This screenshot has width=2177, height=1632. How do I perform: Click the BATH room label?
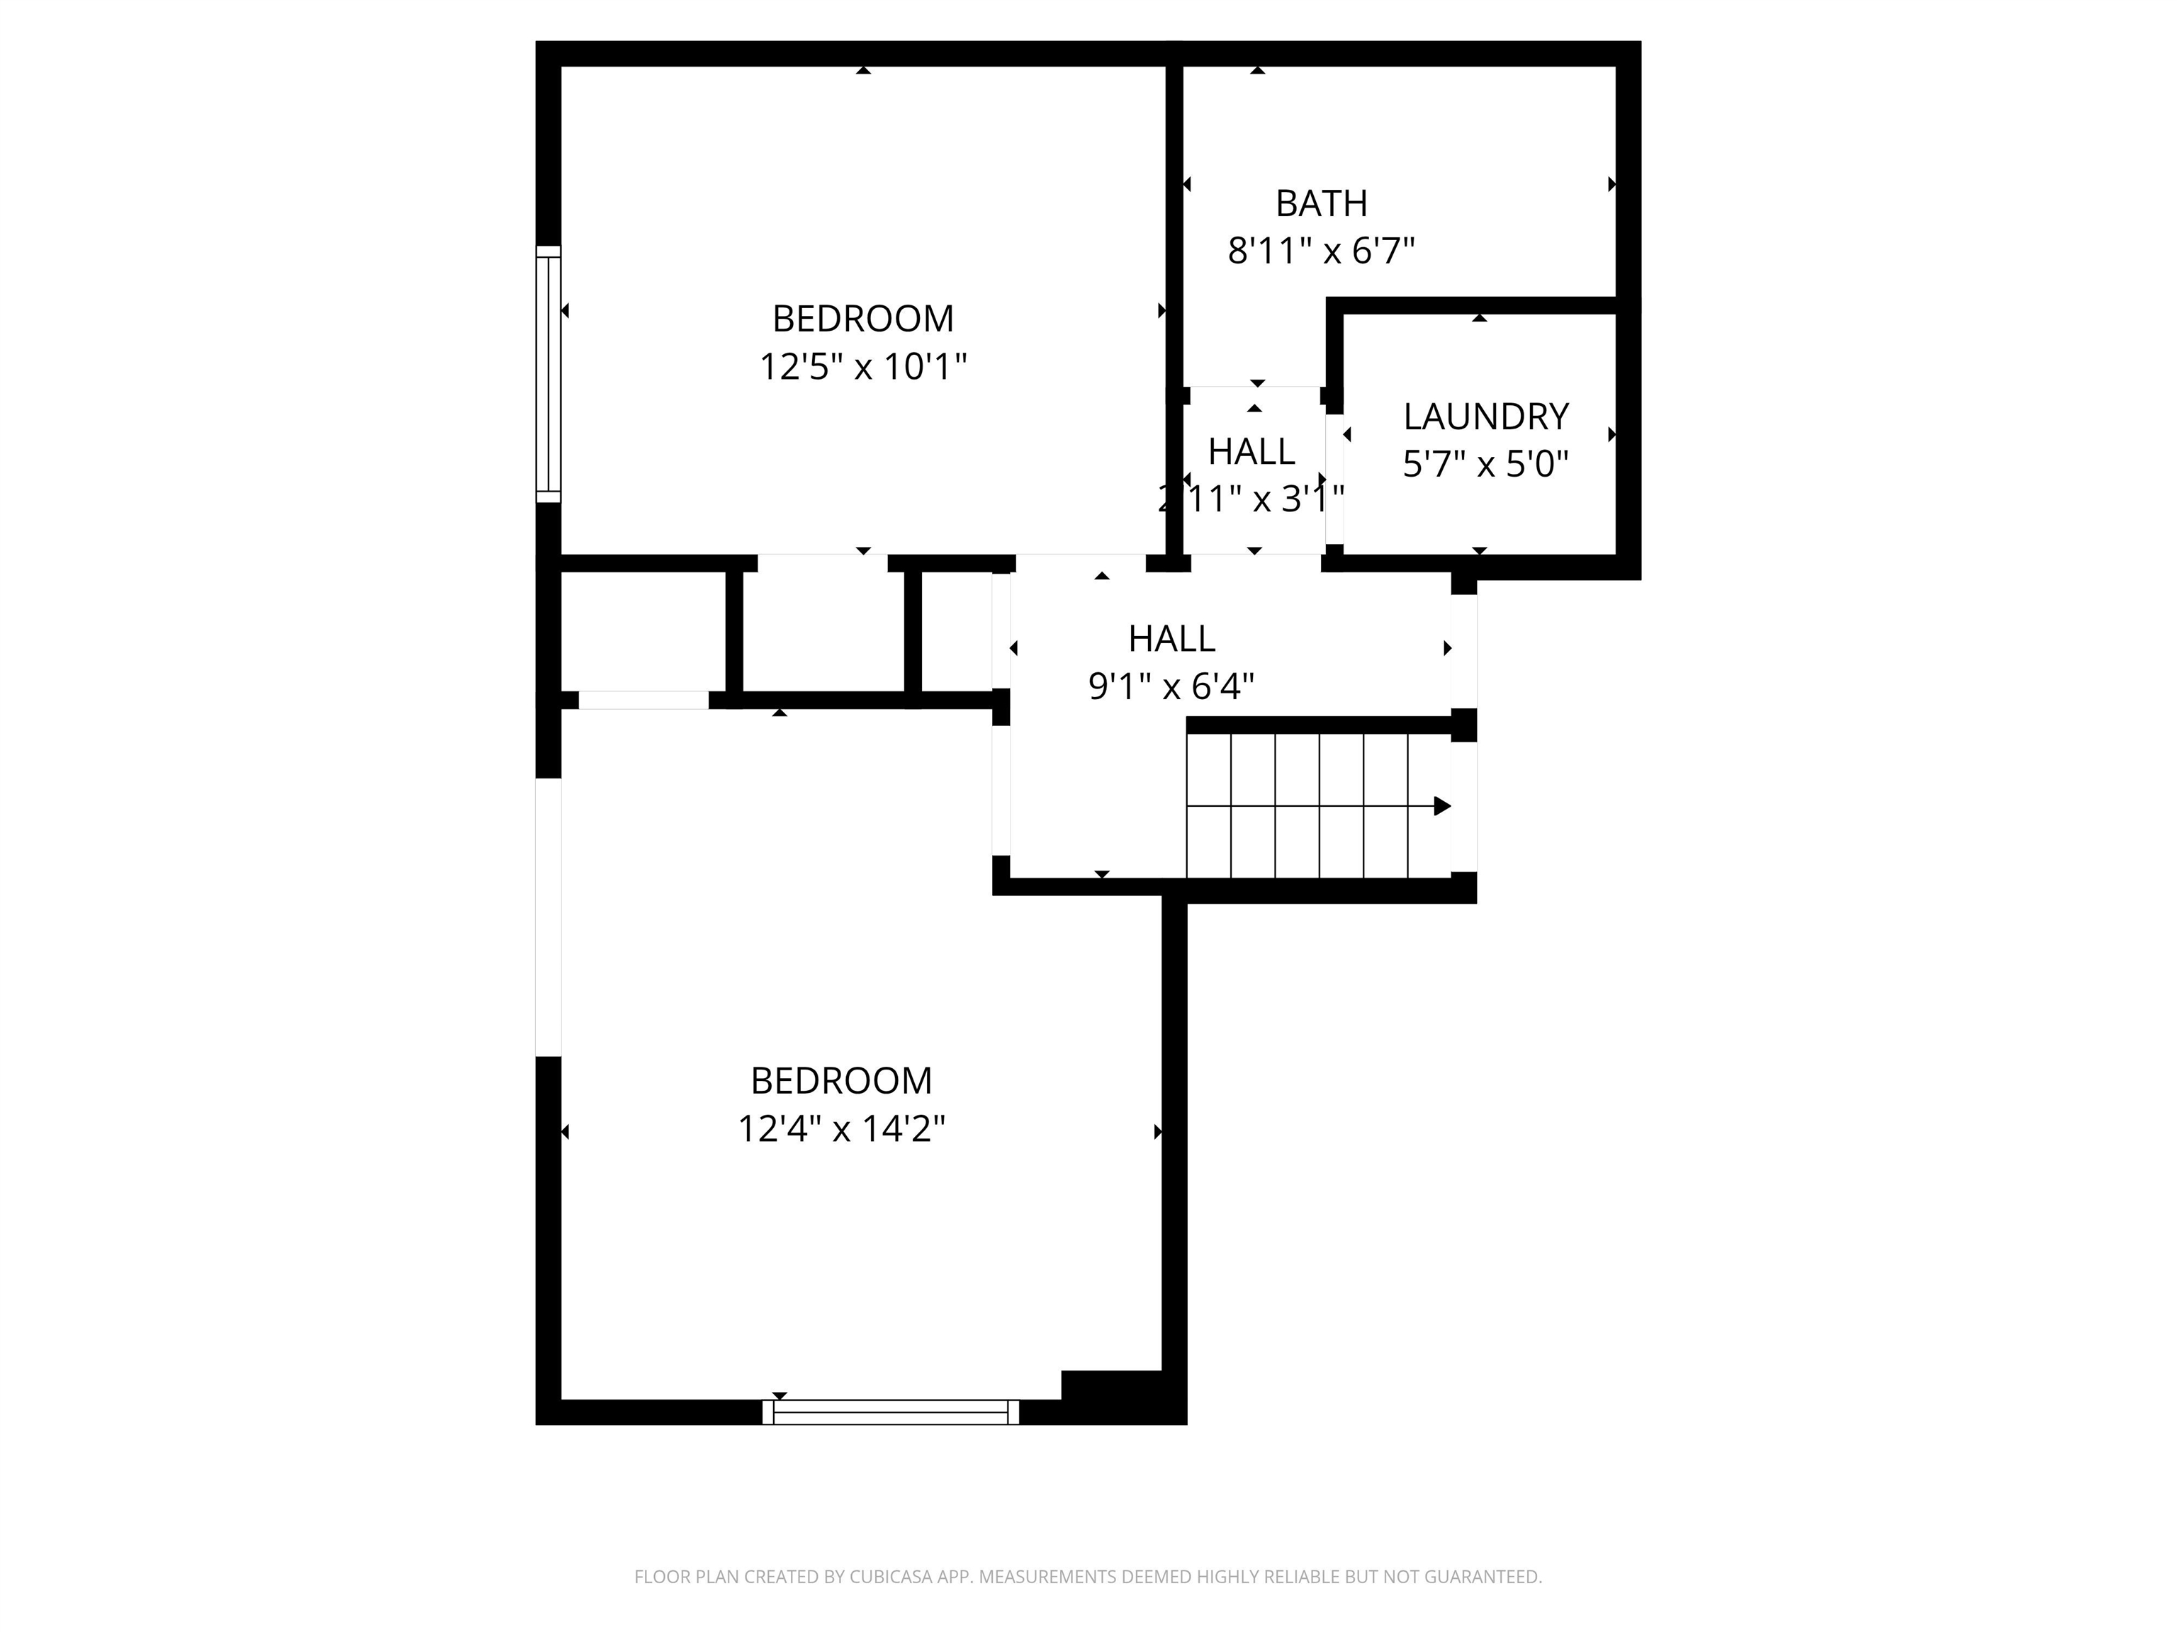click(x=1321, y=203)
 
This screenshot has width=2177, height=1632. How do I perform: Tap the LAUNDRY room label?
click(x=1485, y=417)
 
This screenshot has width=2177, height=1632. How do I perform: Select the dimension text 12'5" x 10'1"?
click(x=863, y=367)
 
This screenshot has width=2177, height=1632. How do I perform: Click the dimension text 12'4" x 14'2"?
click(x=841, y=1129)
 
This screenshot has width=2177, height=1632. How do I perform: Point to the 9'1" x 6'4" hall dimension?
click(x=1171, y=686)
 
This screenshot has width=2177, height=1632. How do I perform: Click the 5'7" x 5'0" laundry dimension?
click(x=1485, y=463)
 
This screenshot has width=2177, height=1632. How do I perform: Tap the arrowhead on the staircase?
click(x=1442, y=807)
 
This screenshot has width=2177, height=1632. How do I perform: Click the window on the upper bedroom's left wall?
click(x=549, y=375)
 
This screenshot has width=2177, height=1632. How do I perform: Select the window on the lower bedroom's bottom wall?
click(x=891, y=1412)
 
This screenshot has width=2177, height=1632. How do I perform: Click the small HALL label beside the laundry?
click(x=1251, y=451)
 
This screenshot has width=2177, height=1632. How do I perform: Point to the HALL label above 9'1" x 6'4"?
click(x=1171, y=640)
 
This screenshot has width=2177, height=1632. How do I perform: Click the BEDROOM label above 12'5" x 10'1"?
click(x=863, y=319)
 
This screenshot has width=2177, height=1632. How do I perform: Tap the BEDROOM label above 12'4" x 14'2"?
click(x=841, y=1081)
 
